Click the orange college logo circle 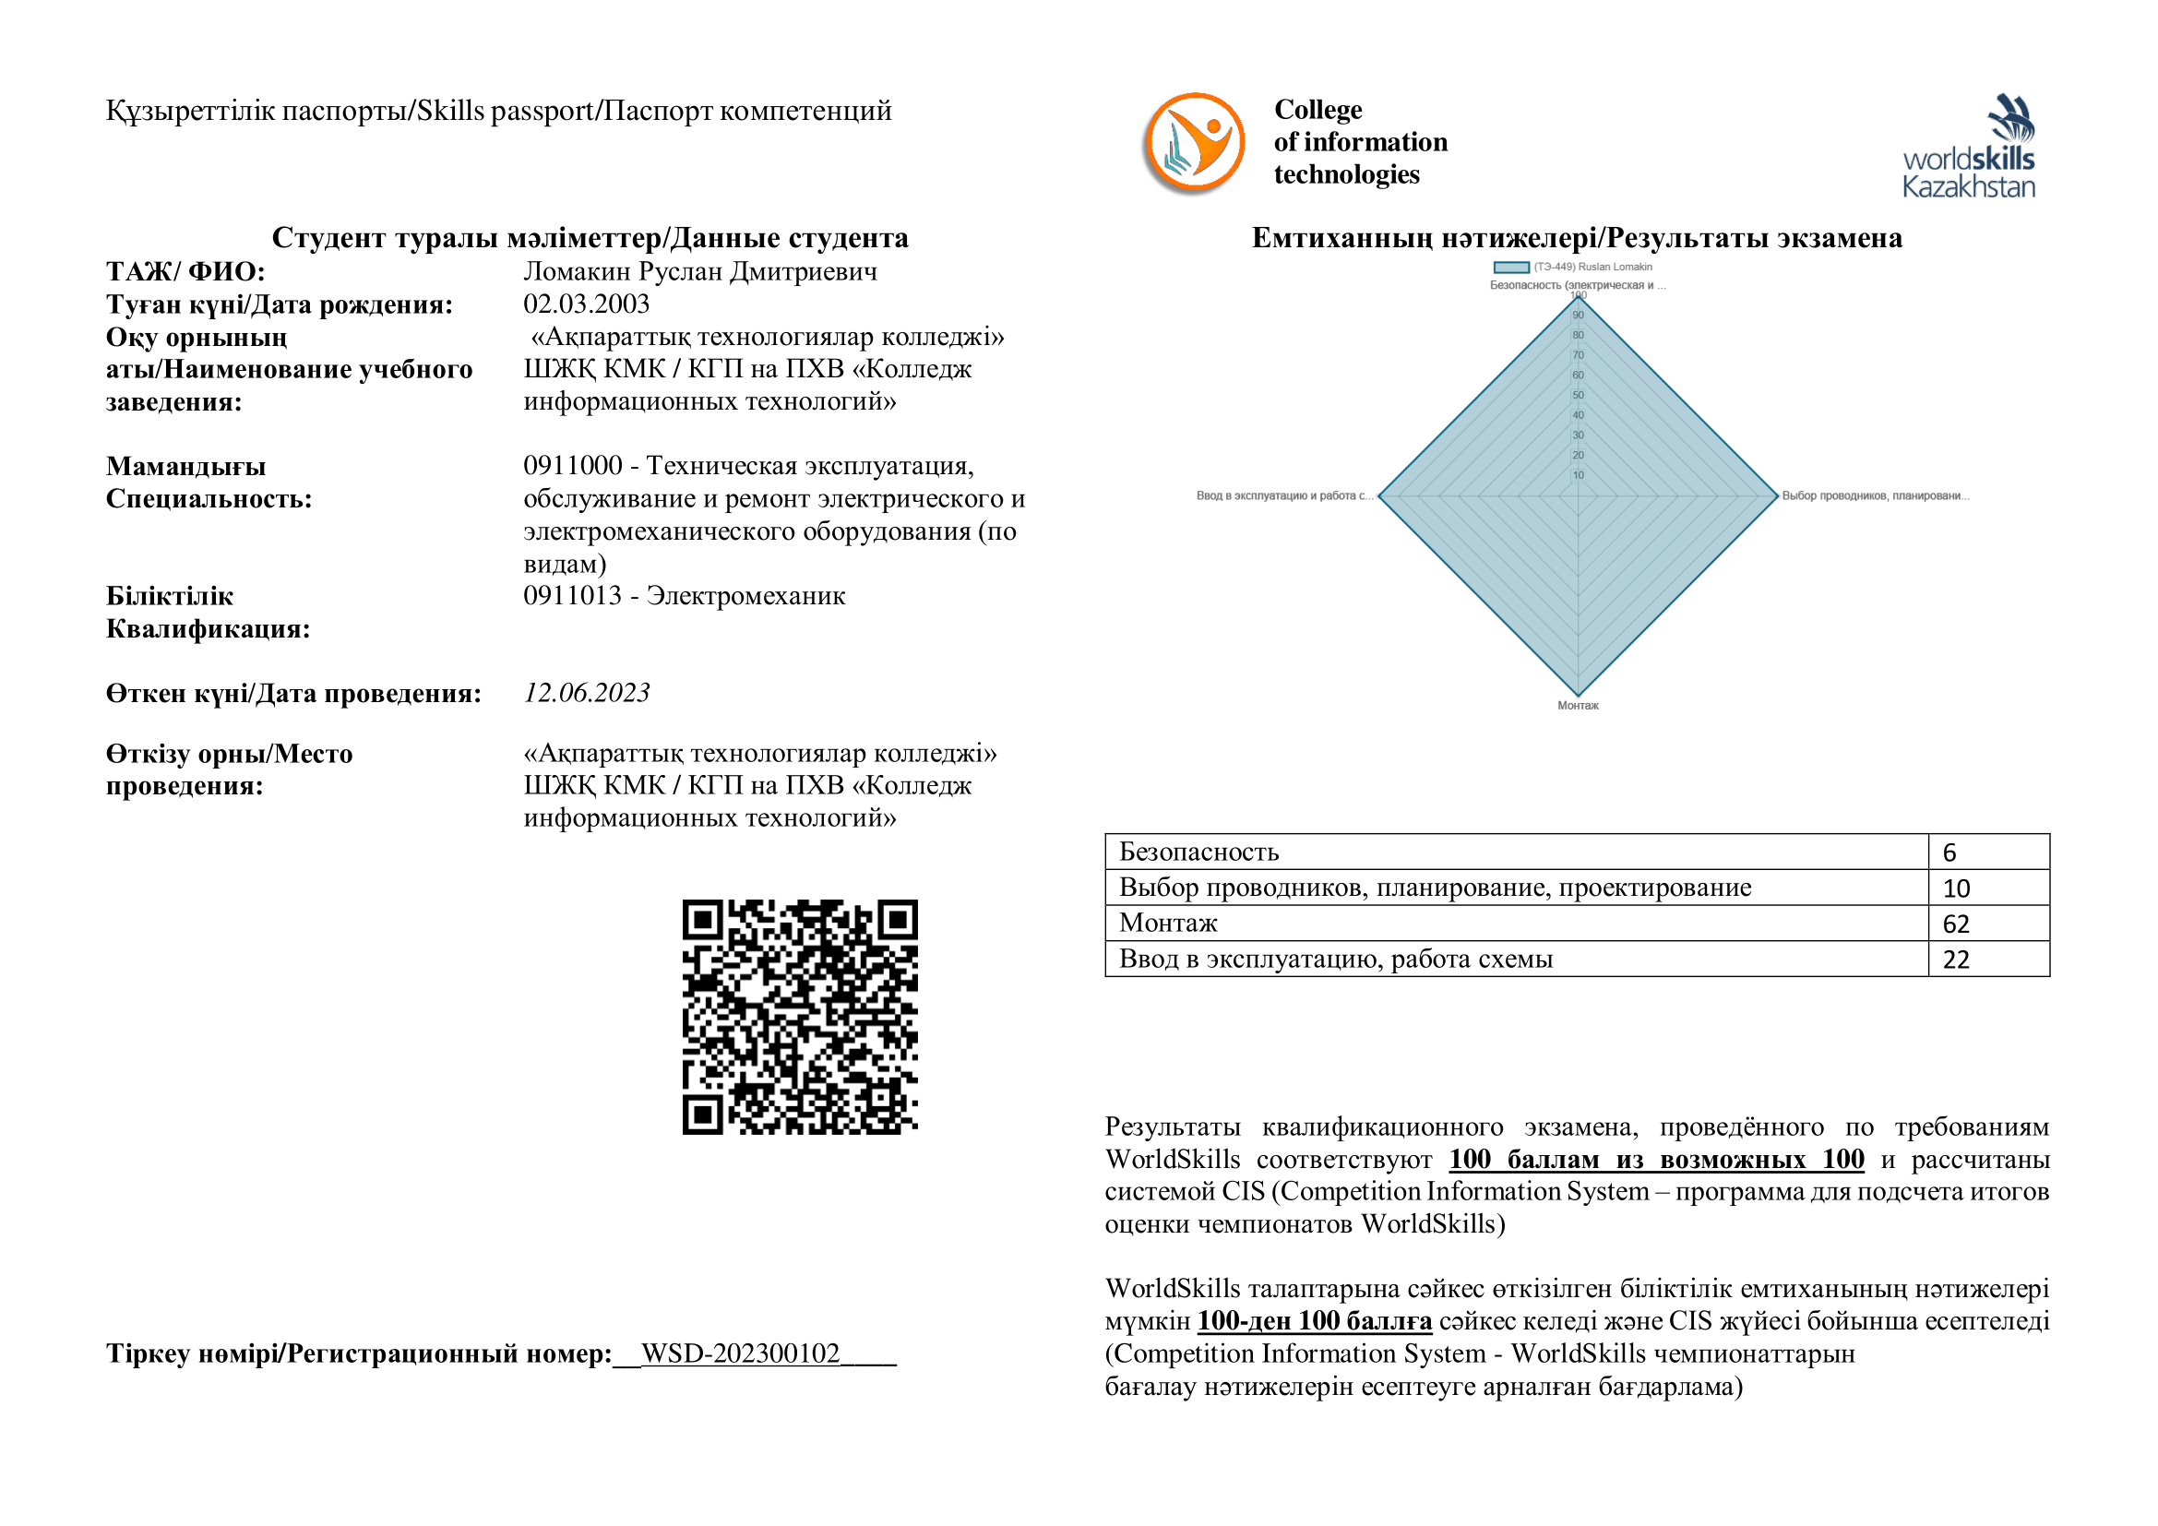[1194, 143]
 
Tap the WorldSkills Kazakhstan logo [1968, 147]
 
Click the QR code [800, 1017]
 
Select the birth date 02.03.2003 [587, 304]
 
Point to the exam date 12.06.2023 [587, 693]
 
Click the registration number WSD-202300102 [741, 1353]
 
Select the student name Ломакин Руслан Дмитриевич [700, 271]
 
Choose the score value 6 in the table [1949, 852]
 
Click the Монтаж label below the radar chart [1578, 706]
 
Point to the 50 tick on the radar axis [1578, 395]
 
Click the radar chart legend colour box [1511, 267]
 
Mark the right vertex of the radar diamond [1776, 495]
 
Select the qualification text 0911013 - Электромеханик [685, 596]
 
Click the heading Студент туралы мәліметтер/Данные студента [590, 238]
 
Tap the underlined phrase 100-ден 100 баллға [1315, 1321]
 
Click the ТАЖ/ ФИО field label [185, 271]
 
